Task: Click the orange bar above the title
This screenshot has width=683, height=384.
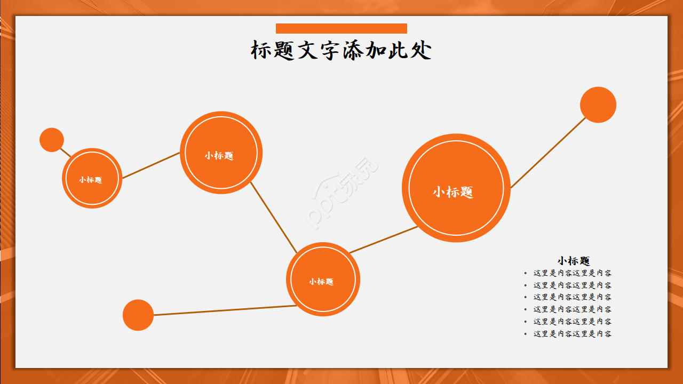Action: [x=341, y=29]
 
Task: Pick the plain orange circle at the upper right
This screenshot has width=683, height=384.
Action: [x=598, y=105]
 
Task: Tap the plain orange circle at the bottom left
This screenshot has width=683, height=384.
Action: [x=138, y=315]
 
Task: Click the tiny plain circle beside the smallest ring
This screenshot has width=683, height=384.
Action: [x=52, y=140]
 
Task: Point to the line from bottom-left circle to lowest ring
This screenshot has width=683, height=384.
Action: [x=224, y=310]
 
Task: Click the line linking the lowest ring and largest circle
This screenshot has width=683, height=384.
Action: [x=383, y=239]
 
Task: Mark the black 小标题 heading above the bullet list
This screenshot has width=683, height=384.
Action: [x=574, y=261]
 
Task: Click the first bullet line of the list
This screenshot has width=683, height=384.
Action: [x=573, y=273]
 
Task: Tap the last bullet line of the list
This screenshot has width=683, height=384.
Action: [x=573, y=334]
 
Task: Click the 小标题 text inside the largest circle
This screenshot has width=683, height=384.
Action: [x=453, y=192]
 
